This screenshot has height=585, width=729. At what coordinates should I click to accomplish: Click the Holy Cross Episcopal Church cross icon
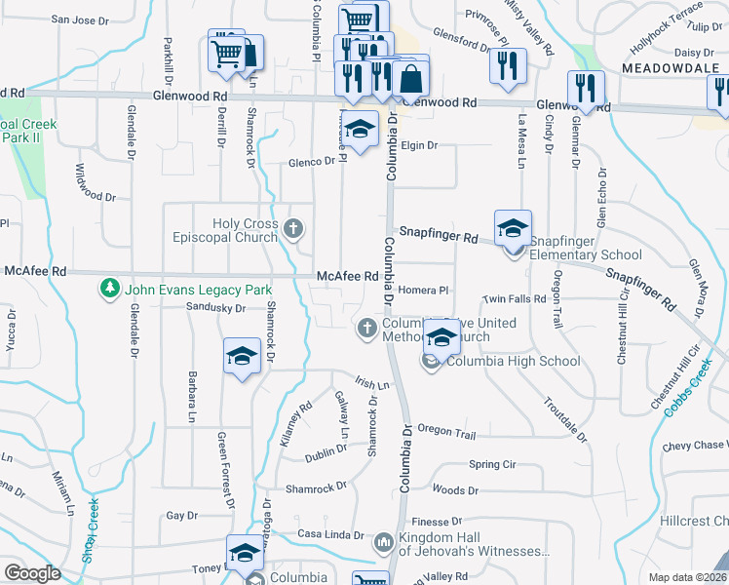294,230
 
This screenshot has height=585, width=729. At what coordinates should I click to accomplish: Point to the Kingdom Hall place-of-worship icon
383,540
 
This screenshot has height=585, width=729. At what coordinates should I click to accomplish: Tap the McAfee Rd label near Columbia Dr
347,277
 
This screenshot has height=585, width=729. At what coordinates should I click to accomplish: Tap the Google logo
32,573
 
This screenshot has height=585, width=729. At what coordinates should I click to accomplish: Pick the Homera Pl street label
422,290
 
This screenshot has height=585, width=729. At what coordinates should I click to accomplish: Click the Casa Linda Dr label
330,535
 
